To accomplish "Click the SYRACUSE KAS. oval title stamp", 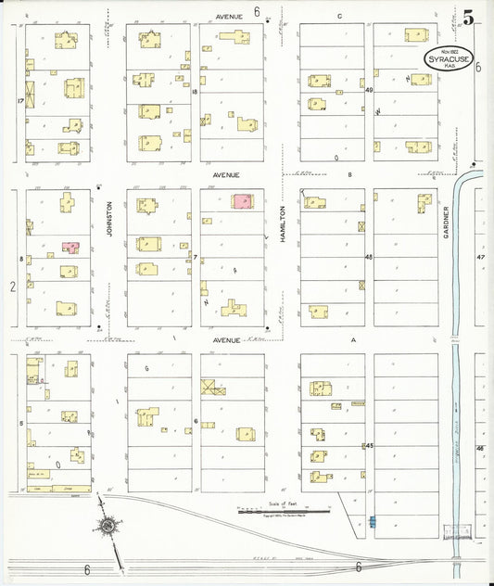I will (x=449, y=57).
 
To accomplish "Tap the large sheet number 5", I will (x=469, y=18).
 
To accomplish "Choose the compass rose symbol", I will (x=108, y=527).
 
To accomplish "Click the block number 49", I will (x=368, y=90).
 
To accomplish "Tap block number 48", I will (x=368, y=257).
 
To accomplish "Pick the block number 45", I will (x=368, y=446).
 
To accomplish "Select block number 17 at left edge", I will (x=19, y=100).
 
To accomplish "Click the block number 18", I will (x=195, y=92).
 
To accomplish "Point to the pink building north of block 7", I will (x=242, y=201).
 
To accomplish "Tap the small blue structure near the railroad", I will (x=373, y=521).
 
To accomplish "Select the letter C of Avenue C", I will (x=339, y=16).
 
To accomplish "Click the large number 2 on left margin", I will (x=13, y=287).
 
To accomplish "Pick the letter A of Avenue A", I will (x=352, y=340).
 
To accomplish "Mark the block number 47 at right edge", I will (x=480, y=257).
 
